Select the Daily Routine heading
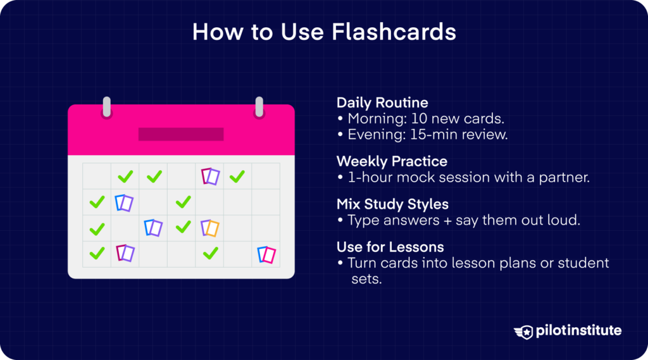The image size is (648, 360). (382, 102)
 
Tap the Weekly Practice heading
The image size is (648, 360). (391, 161)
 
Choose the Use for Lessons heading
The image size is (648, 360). (390, 246)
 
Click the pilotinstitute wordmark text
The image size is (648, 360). (577, 331)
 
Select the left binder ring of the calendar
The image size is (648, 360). (107, 107)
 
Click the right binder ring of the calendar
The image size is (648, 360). (259, 107)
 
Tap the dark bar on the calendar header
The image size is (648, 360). (181, 134)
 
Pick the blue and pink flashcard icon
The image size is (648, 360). (266, 255)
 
